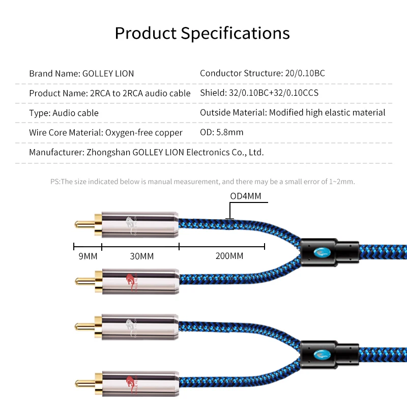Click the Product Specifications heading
pyautogui.click(x=202, y=33)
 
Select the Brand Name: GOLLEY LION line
pyautogui.click(x=81, y=73)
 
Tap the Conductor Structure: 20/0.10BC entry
pyautogui.click(x=262, y=73)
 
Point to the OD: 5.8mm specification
pyautogui.click(x=221, y=132)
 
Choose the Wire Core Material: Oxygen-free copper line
pyautogui.click(x=105, y=133)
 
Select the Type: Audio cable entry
pyautogui.click(x=64, y=113)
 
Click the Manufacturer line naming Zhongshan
pyautogui.click(x=146, y=152)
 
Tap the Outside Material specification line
pyautogui.click(x=293, y=113)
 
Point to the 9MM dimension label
pyautogui.click(x=88, y=256)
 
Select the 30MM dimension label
pyautogui.click(x=140, y=256)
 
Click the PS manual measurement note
pyautogui.click(x=202, y=182)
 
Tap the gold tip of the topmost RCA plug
pyautogui.click(x=81, y=224)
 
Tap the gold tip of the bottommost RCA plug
pyautogui.click(x=81, y=382)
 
